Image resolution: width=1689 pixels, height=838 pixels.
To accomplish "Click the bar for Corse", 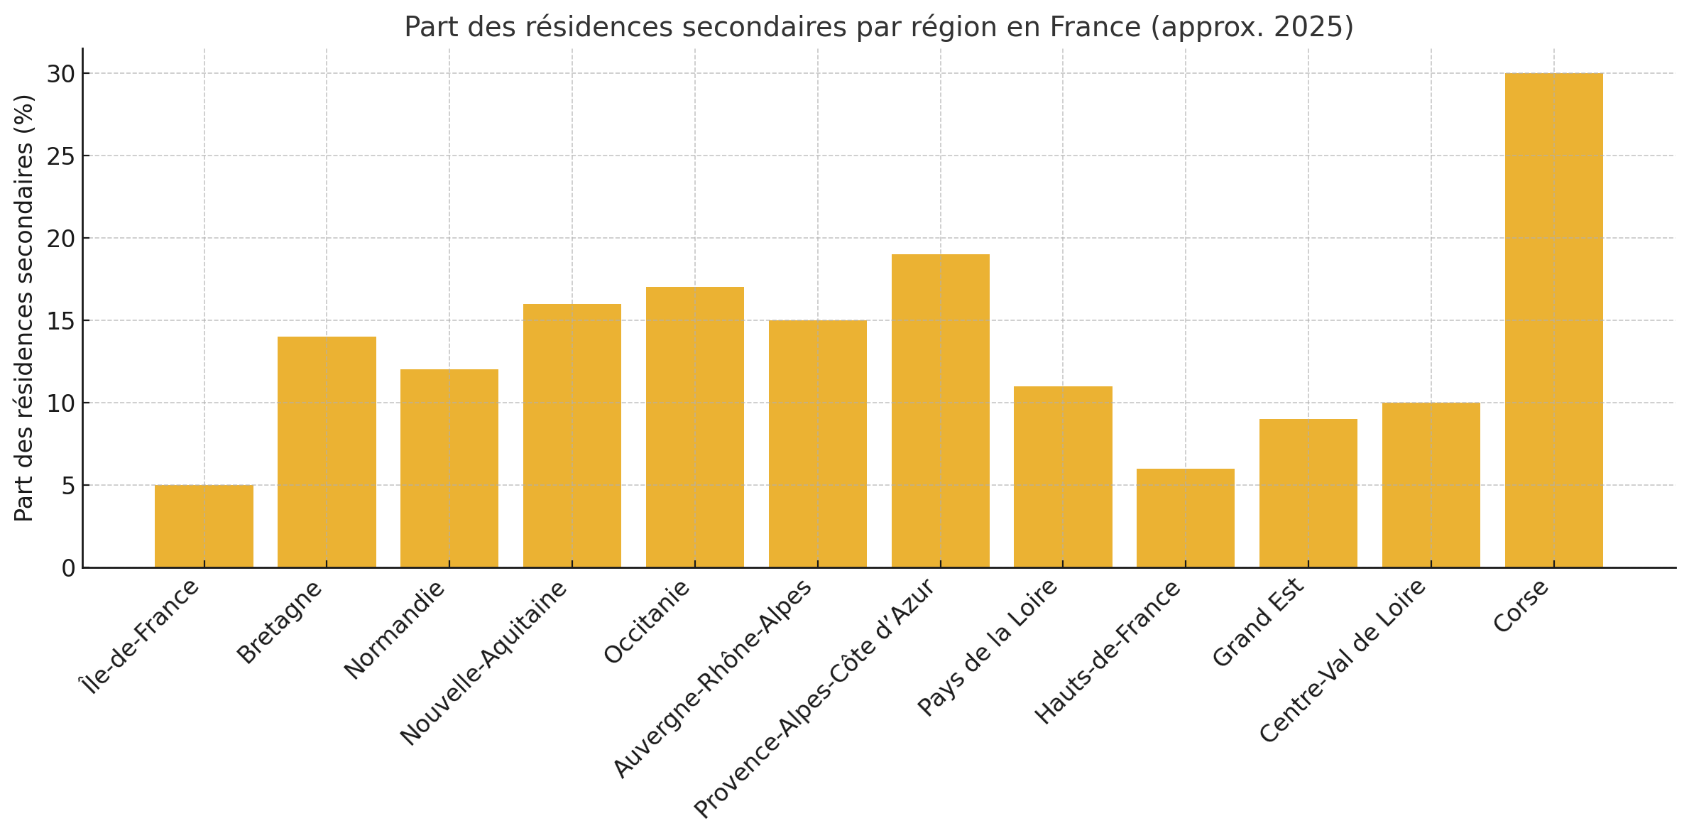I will click(x=1553, y=320).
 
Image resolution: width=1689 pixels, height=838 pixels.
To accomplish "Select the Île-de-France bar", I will click(x=204, y=526).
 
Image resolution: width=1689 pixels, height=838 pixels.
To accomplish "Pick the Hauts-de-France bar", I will click(x=1185, y=518).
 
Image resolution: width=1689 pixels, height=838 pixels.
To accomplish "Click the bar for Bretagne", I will click(x=327, y=452).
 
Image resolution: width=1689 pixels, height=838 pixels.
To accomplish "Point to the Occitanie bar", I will click(x=694, y=427).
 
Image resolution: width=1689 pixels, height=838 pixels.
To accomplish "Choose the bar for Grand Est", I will click(x=1308, y=493).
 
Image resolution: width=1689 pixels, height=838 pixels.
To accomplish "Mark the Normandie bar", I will click(x=449, y=468).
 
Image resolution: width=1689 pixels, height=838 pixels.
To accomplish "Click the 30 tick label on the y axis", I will click(x=60, y=74).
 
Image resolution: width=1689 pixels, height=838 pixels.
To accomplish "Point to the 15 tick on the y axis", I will click(x=60, y=321).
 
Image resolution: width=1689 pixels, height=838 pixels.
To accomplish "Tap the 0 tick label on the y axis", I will click(x=68, y=568).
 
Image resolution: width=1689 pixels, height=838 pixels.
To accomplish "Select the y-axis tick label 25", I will click(x=60, y=156).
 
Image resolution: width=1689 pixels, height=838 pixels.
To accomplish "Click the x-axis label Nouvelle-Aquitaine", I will click(x=484, y=662).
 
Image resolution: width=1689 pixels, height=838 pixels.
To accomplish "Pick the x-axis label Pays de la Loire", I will click(x=988, y=646).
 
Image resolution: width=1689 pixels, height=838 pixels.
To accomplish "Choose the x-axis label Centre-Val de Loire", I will click(x=1343, y=660).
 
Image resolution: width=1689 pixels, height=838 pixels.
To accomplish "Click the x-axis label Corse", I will click(x=1521, y=606).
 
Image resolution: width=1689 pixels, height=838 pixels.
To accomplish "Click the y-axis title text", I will click(x=24, y=308).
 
